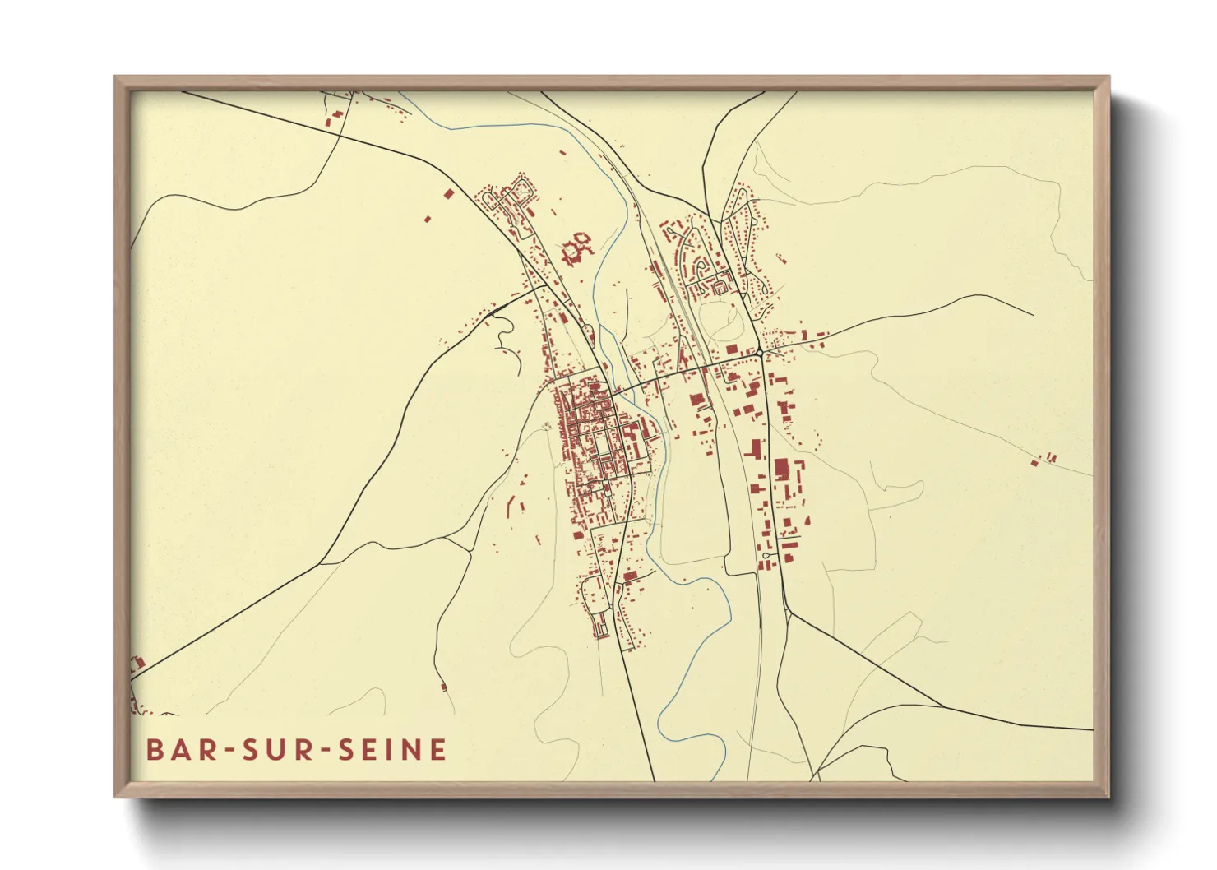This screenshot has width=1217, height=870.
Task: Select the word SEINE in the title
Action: tap(393, 749)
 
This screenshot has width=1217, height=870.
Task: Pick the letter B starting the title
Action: tap(155, 749)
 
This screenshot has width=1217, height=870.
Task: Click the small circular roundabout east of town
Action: tap(760, 352)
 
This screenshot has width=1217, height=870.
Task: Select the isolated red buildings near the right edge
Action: tap(1044, 460)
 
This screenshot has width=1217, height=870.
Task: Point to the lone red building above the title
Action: tap(444, 686)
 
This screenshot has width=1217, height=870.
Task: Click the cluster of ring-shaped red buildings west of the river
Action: tap(576, 247)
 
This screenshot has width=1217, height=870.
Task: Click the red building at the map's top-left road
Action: tap(329, 123)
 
